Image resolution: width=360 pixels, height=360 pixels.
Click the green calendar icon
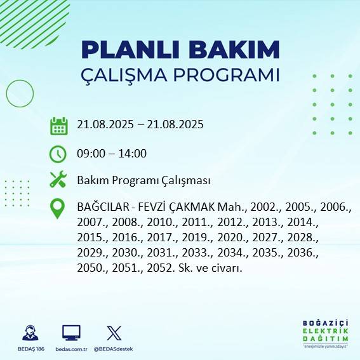58,126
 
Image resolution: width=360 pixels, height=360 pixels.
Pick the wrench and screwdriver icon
58,180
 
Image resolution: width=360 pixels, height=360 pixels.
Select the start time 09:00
90,153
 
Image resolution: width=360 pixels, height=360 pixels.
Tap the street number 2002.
264,207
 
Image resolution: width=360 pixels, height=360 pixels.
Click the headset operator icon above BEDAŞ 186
30,332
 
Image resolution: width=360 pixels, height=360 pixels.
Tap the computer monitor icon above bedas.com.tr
71,332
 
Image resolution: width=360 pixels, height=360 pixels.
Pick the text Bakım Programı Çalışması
143,180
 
